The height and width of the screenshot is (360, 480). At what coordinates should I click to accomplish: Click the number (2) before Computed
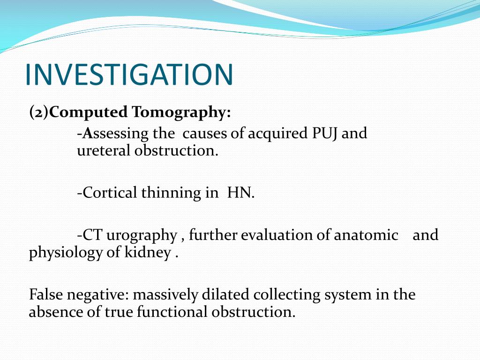click(x=38, y=112)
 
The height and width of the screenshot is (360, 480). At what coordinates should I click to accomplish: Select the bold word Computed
click(x=89, y=112)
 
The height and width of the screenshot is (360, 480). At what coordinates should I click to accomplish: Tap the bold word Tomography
click(x=181, y=113)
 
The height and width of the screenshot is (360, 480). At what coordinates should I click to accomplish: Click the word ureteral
click(x=104, y=151)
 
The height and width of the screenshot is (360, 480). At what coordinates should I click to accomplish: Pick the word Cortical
click(x=111, y=193)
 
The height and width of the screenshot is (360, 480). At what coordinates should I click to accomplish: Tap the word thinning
click(x=171, y=193)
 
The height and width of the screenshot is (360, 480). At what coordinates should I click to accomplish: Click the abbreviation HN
click(x=240, y=193)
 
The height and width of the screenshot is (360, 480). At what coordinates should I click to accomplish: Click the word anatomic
click(x=366, y=235)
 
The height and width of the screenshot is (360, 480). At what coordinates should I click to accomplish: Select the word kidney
click(x=155, y=253)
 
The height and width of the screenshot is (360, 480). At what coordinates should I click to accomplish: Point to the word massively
click(x=166, y=295)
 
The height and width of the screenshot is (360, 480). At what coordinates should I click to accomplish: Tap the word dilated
click(x=226, y=295)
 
